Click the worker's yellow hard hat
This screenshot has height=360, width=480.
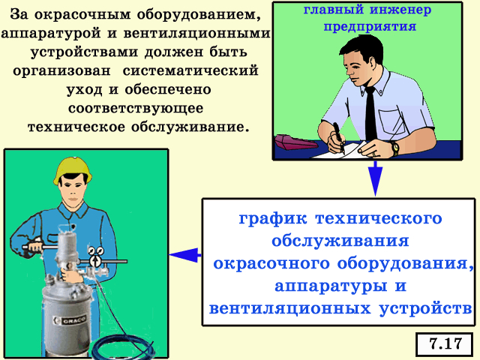pyautogui.click(x=73, y=170)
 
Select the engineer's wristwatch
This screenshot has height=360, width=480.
pyautogui.click(x=395, y=148)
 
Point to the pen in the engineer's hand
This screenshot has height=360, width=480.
pyautogui.click(x=338, y=136)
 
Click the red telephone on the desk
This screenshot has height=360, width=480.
pyautogui.click(x=293, y=142)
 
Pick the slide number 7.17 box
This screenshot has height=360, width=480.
pyautogui.click(x=445, y=344)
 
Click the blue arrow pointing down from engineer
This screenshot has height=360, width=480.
pyautogui.click(x=376, y=178)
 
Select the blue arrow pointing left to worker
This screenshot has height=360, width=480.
pyautogui.click(x=185, y=255)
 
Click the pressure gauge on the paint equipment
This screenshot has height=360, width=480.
pyautogui.click(x=96, y=261)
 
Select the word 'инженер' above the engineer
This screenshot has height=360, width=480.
pyautogui.click(x=400, y=10)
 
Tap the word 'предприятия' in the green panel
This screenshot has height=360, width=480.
pyautogui.click(x=370, y=27)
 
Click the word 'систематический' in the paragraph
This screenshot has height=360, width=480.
pyautogui.click(x=190, y=70)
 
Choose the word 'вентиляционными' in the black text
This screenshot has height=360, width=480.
pyautogui.click(x=196, y=33)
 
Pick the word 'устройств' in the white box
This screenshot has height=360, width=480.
pyautogui.click(x=425, y=308)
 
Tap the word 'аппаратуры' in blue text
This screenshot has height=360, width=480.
pyautogui.click(x=331, y=286)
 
